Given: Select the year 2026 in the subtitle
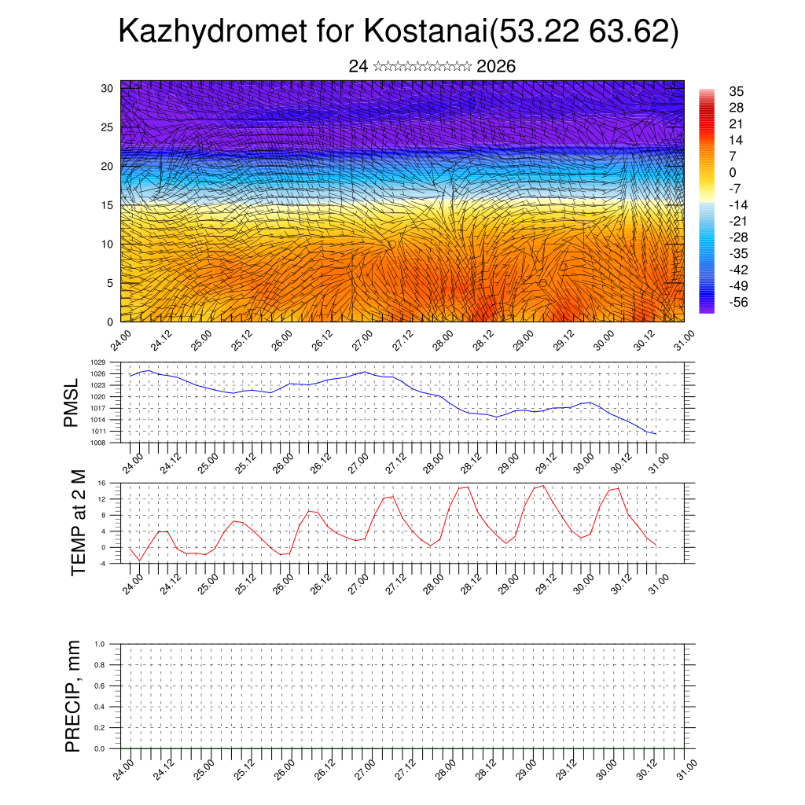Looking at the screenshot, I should point(496,66).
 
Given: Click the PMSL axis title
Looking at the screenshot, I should point(72,402).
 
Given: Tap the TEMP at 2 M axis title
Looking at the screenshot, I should point(78,523).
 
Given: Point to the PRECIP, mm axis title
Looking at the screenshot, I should point(73,696).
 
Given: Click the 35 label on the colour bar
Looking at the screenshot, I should point(737,91).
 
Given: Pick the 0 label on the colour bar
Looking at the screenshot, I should point(733,172).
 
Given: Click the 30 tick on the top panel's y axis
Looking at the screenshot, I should point(107,88).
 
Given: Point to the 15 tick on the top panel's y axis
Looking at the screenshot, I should point(107,205).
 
